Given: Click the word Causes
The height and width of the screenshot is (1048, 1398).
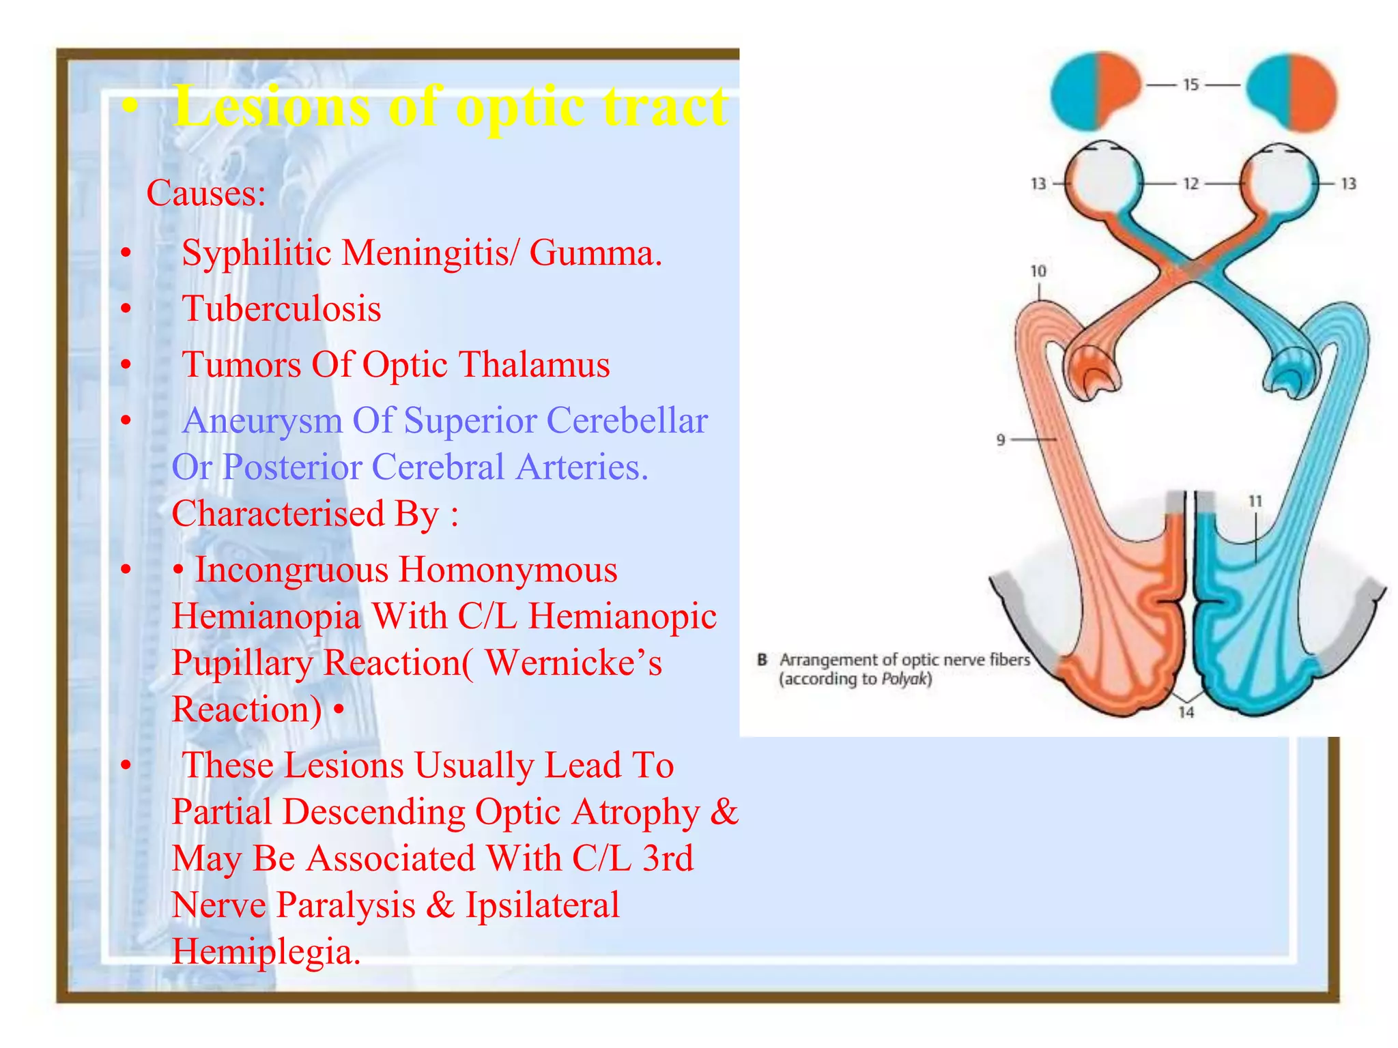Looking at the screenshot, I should coord(205,194).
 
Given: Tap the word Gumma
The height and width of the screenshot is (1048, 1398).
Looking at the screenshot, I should coord(595,253).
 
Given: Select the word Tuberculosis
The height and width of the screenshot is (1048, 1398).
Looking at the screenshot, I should coord(281,309).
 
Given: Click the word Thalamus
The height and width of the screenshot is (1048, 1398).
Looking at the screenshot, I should coord(534,365).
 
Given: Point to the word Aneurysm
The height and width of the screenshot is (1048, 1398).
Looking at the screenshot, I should coord(262,421).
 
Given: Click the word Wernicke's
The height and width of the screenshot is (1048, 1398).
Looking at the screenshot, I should coord(573,663).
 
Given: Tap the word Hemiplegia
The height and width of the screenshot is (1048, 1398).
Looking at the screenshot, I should coord(266,952).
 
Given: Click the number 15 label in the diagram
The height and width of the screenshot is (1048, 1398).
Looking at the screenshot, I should coord(1190,85).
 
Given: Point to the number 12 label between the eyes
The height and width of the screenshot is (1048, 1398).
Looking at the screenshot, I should coord(1190,184).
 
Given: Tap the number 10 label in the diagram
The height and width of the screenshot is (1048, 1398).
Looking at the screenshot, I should coord(1038,272).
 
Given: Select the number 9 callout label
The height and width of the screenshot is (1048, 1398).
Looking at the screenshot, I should coord(1001,440).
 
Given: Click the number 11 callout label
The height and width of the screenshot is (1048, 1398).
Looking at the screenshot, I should coord(1255,501).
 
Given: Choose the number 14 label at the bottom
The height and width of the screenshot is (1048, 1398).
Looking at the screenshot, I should coord(1186,712).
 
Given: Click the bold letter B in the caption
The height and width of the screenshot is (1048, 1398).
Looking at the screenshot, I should coord(762,660).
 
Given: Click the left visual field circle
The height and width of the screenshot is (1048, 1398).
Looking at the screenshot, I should coord(1096,91).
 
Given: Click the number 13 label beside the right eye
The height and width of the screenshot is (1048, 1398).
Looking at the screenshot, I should coord(1348,184).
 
